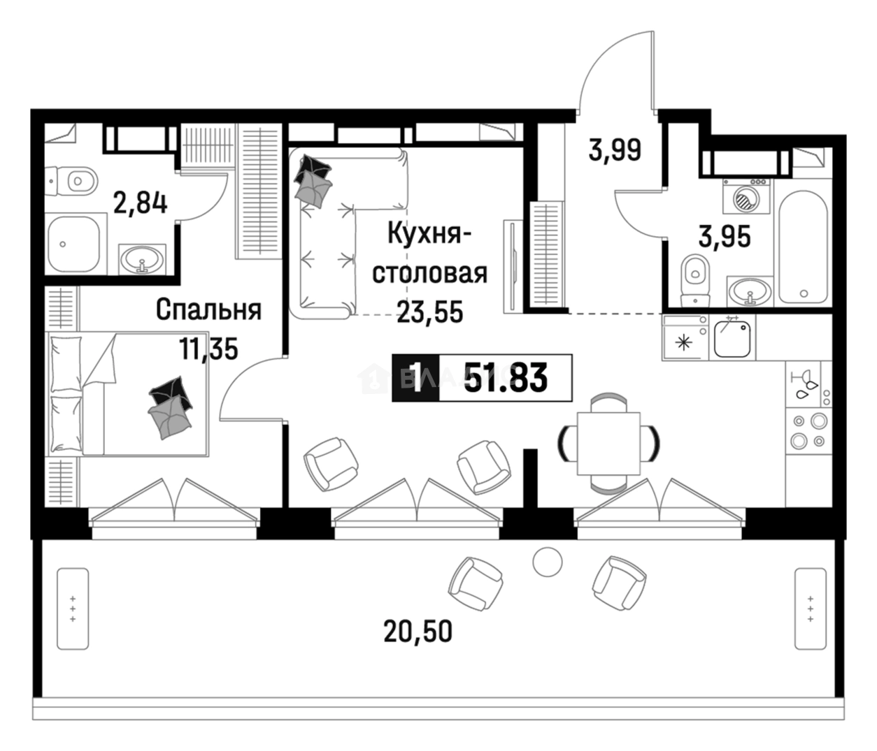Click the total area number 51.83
[x=506, y=379]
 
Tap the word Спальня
[x=208, y=309]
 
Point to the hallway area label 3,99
[x=615, y=150]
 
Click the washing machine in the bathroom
[x=746, y=196]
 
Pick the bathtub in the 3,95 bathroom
[x=803, y=247]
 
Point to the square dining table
[x=608, y=444]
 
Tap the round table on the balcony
[x=548, y=562]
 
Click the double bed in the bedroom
[x=129, y=394]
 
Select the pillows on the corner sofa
[x=313, y=180]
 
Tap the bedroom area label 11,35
[x=208, y=349]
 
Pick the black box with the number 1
[x=416, y=379]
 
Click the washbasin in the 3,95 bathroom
[x=750, y=292]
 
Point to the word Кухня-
[x=430, y=234]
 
